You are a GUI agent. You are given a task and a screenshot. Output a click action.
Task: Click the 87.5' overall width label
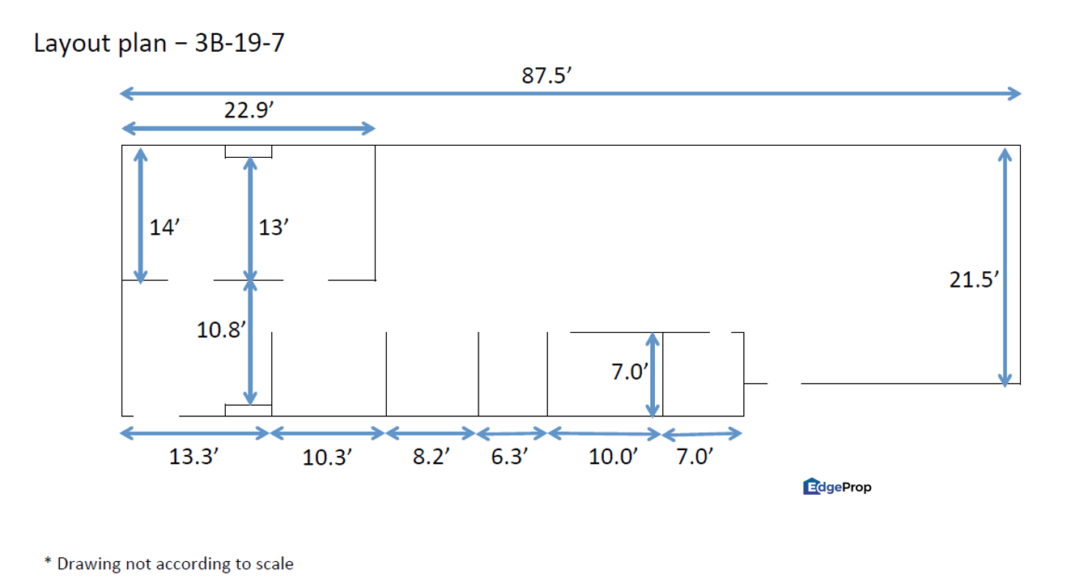(x=546, y=75)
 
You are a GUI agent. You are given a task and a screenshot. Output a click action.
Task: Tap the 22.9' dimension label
(x=249, y=110)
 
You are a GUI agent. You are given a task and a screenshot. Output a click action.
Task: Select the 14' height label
(x=164, y=228)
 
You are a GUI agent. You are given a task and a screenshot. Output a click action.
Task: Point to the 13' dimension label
(x=274, y=228)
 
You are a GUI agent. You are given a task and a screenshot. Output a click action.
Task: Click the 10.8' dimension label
(x=221, y=330)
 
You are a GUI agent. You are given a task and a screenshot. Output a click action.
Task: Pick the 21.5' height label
(x=974, y=280)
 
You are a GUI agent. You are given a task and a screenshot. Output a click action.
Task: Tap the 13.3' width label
(x=193, y=456)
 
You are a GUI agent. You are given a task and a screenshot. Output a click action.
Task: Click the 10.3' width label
(x=327, y=457)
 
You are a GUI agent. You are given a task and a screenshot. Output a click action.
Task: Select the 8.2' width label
(x=431, y=456)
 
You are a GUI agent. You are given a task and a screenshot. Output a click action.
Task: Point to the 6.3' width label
(x=509, y=456)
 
